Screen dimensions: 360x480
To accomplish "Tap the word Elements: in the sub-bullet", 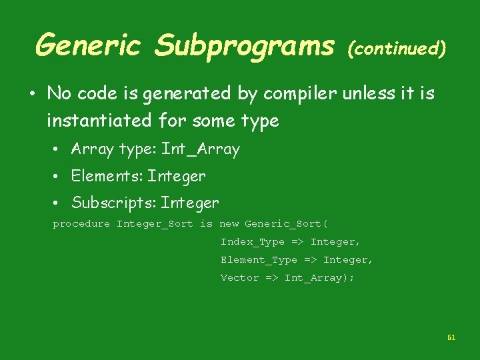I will point(107,176).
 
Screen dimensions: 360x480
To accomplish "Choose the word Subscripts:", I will point(114,202).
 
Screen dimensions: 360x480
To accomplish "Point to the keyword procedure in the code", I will point(81,224).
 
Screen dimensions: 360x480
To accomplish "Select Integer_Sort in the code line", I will point(155,224).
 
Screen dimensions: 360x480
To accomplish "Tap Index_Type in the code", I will point(253,242).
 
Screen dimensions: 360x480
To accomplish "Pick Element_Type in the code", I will point(259,260).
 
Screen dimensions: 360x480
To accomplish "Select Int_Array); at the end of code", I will point(319,278).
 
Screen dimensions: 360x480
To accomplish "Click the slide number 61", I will point(451,338).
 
